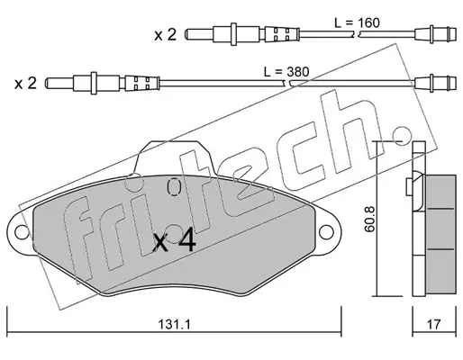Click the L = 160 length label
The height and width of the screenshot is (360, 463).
[357, 22]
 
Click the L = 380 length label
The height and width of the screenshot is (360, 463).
[286, 72]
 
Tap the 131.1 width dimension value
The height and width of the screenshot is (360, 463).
[174, 324]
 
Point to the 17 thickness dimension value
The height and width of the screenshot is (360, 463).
[434, 324]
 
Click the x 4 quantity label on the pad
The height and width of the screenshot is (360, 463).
[175, 242]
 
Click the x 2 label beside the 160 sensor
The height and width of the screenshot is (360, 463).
[166, 35]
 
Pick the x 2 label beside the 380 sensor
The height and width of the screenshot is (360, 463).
[25, 83]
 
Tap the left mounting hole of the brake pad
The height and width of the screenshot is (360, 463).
[22, 232]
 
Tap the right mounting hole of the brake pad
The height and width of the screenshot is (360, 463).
[326, 232]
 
